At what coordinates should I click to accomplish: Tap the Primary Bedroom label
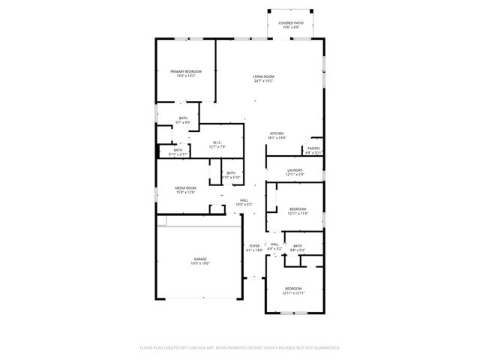pos(185,71)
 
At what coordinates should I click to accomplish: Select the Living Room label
pos(263,76)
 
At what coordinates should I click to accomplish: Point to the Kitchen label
pos(277,133)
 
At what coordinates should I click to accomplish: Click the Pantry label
pos(313,148)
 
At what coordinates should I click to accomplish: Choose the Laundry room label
pos(295,170)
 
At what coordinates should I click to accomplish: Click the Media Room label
pos(185,188)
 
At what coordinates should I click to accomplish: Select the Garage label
pos(199,259)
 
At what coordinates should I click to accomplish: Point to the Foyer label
pos(254,245)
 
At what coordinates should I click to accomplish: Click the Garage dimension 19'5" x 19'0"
pos(199,264)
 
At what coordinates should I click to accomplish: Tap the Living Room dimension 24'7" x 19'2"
pos(263,81)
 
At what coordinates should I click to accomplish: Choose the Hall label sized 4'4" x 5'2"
pos(274,244)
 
